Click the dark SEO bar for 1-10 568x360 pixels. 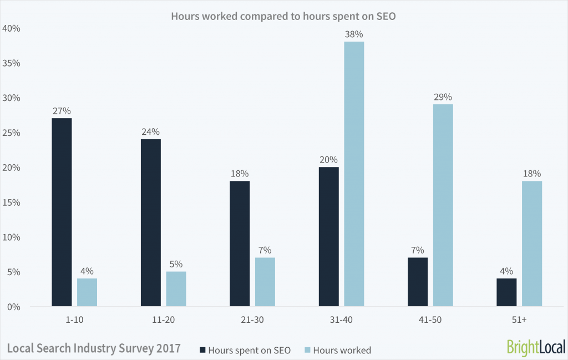(62, 212)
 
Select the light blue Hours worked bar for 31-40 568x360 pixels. (354, 174)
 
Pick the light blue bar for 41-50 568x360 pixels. (443, 205)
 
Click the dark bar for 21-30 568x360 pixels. (240, 244)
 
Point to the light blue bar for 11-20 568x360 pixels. (176, 288)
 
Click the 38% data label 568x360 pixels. (354, 34)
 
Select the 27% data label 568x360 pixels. (62, 111)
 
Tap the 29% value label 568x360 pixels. (443, 97)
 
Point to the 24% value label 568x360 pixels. (150, 132)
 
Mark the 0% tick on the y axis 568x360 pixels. (13, 307)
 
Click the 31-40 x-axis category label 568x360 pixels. (341, 320)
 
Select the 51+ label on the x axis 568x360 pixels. (519, 320)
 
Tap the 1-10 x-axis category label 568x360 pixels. (74, 320)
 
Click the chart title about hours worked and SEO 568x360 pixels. (283, 16)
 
